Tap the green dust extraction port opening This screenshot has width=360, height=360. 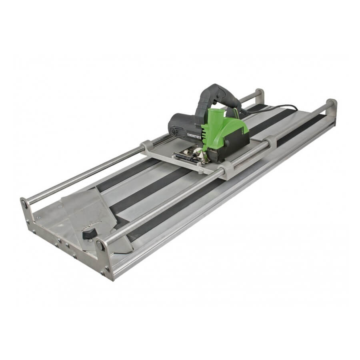(x=215, y=111)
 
